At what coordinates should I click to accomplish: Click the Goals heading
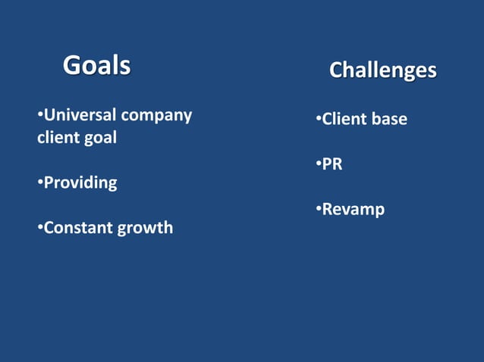point(96,65)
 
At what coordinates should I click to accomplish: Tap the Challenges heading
point(382,70)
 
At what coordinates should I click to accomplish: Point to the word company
point(156,116)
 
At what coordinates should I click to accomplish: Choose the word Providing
point(80,183)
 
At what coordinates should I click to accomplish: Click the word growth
point(144,227)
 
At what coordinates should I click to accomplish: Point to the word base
point(390,119)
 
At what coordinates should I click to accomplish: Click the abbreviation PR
point(332,164)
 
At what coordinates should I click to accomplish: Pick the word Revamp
point(353,209)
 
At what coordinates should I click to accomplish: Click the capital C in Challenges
point(337,70)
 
